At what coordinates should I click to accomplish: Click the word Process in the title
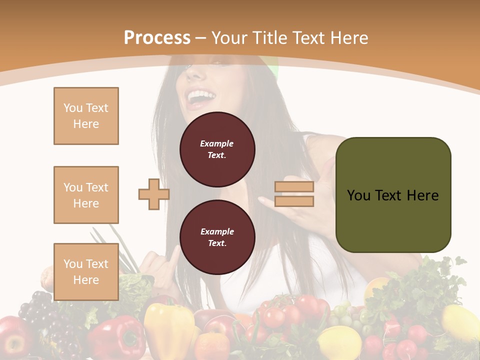pyautogui.click(x=157, y=38)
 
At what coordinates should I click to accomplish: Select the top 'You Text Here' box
pyautogui.click(x=86, y=116)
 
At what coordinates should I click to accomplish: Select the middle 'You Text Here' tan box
pyautogui.click(x=86, y=195)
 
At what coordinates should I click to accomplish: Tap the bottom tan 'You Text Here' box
pyautogui.click(x=86, y=272)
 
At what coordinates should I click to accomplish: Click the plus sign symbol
pyautogui.click(x=154, y=194)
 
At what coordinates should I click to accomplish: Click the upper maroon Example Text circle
pyautogui.click(x=217, y=149)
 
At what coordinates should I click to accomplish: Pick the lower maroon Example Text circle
pyautogui.click(x=217, y=237)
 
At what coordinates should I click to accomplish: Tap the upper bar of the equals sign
pyautogui.click(x=294, y=187)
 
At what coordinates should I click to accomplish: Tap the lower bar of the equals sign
pyautogui.click(x=294, y=201)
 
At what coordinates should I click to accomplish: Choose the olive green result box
pyautogui.click(x=393, y=195)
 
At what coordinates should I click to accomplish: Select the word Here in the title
pyautogui.click(x=349, y=38)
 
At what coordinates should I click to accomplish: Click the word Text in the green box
pyautogui.click(x=393, y=195)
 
